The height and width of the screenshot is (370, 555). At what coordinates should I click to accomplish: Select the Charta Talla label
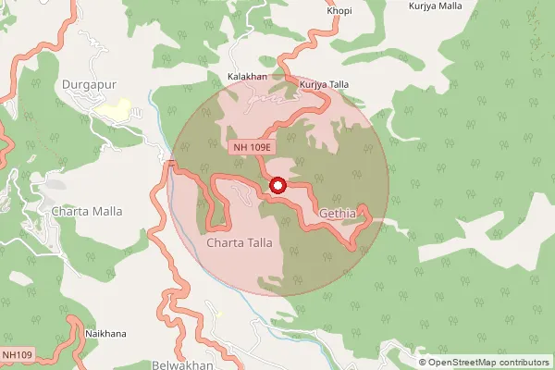point(240,243)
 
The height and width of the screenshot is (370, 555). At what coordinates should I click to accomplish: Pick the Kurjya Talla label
point(325,84)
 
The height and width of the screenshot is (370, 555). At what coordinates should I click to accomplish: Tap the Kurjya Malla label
point(436,6)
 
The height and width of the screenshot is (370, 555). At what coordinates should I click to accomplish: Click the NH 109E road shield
point(252,147)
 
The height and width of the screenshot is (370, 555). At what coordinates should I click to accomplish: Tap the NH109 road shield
point(18,354)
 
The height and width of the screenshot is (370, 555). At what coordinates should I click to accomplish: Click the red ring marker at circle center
point(277,186)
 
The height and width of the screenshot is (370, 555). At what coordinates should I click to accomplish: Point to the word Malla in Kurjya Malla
point(449,6)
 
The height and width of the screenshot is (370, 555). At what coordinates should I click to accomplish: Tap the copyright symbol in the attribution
point(423,363)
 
